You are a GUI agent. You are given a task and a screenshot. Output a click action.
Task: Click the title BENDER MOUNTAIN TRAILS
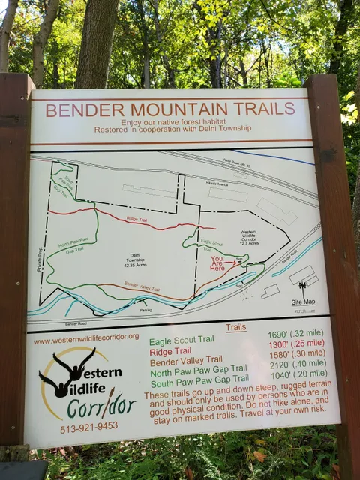(x=170, y=109)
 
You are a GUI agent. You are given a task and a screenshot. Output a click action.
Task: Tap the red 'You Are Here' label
(x=217, y=262)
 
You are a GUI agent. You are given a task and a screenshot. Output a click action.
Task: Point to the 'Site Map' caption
(x=303, y=301)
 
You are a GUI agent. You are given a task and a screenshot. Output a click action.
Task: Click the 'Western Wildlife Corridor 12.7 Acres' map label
(x=253, y=237)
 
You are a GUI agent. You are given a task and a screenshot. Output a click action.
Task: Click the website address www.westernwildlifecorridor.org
(x=86, y=338)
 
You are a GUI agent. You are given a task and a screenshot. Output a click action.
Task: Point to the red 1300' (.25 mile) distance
(x=296, y=343)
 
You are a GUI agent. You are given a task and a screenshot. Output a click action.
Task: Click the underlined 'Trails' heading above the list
(x=235, y=328)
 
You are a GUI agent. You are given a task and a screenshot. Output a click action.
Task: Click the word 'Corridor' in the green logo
(x=100, y=407)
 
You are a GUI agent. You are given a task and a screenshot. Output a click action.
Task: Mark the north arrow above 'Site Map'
(x=301, y=286)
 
